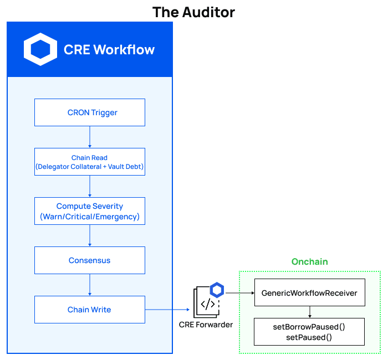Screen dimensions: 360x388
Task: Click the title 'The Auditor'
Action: pos(193,12)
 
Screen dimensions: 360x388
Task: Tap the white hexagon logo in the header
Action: pos(40,49)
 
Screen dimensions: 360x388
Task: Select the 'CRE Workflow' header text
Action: pos(109,49)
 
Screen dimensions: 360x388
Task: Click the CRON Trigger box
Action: pos(90,112)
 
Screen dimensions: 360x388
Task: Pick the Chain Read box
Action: pos(90,162)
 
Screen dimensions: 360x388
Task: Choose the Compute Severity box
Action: pos(90,211)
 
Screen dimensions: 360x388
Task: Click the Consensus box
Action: pos(90,260)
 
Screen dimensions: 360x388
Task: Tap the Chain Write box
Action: pos(90,310)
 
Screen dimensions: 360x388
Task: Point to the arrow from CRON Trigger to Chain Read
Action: pos(90,137)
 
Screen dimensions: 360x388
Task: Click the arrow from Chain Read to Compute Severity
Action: pos(90,186)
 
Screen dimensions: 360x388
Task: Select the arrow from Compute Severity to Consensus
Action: pos(90,235)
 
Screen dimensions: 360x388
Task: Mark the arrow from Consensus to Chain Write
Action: pos(90,285)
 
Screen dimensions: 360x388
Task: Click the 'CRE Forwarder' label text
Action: pos(206,325)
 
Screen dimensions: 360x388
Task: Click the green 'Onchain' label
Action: pos(309,261)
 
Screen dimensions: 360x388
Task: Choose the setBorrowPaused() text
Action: pos(309,327)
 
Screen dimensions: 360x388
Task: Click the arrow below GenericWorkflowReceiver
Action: pos(309,312)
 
